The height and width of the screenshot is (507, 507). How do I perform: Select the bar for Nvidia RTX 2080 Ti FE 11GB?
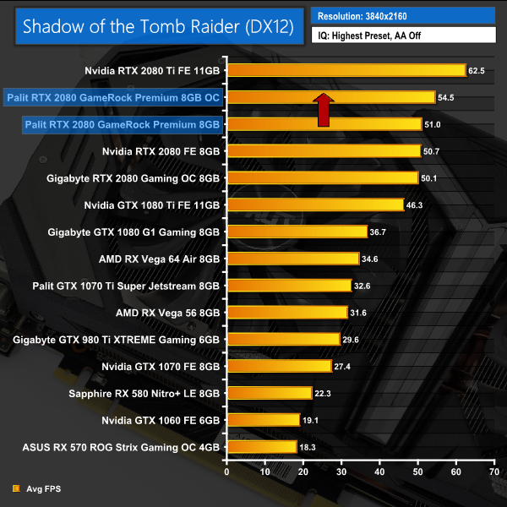point(346,70)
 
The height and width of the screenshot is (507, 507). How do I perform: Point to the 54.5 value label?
point(448,98)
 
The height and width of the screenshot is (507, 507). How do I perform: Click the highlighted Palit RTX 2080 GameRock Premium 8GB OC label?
point(112,97)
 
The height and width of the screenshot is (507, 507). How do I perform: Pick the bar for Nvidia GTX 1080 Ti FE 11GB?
point(314,204)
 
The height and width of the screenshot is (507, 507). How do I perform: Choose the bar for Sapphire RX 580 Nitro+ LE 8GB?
point(269,393)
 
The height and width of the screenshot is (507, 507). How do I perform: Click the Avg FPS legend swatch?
point(16,488)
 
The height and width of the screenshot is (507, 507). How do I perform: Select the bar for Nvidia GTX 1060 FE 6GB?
point(263,420)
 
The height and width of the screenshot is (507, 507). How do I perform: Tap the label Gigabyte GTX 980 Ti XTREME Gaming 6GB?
point(117,340)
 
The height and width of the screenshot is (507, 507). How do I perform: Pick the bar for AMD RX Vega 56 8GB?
point(286,313)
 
